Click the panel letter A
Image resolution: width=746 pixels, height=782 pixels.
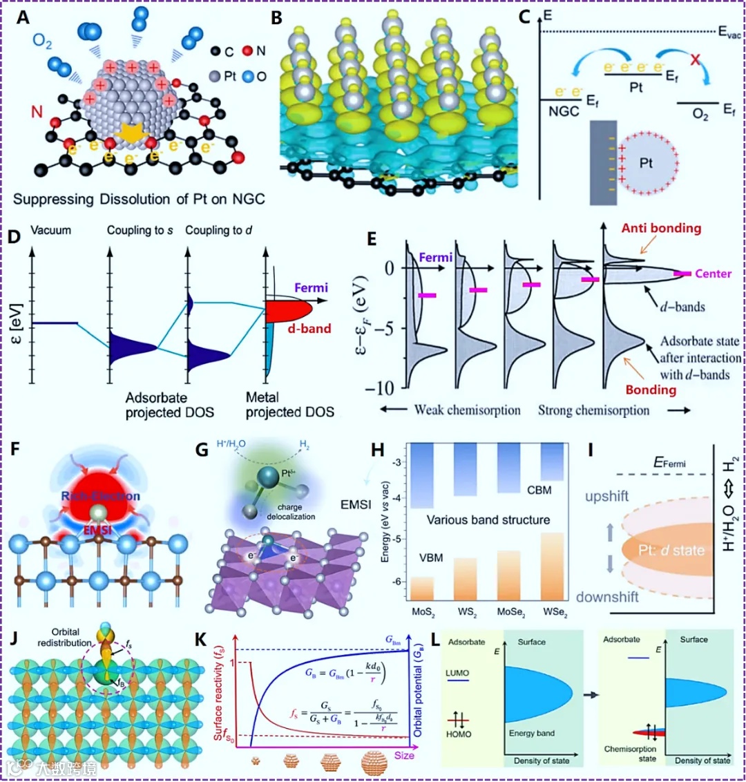click(23, 17)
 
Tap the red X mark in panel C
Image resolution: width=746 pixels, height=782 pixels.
click(694, 59)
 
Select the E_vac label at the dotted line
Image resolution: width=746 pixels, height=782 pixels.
click(729, 32)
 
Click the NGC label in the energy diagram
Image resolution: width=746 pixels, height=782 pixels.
click(563, 111)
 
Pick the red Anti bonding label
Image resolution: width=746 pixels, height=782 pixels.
click(661, 228)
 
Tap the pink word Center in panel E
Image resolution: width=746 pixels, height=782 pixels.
click(713, 274)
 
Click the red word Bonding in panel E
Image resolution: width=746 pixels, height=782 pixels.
click(651, 390)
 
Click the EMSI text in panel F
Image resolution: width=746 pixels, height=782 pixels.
click(98, 530)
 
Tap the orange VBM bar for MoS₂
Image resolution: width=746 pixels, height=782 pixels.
click(422, 588)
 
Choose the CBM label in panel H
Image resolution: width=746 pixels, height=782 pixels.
click(539, 490)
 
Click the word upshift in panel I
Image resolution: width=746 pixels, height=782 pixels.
click(606, 496)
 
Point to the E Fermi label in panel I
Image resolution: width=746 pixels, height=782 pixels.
click(669, 462)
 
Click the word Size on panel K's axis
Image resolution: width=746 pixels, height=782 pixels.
click(404, 755)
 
